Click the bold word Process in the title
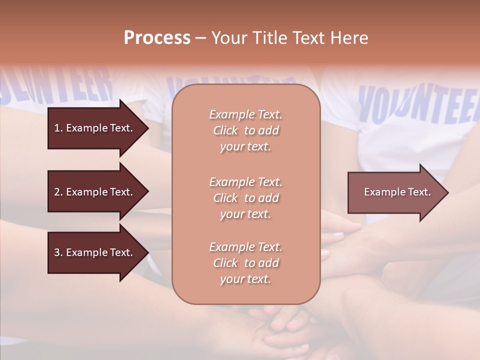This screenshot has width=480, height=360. [157, 38]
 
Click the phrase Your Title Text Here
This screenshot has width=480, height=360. [289, 38]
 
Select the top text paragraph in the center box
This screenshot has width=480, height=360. [245, 130]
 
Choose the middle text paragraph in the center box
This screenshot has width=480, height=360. [245, 198]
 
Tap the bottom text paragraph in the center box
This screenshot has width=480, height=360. [245, 263]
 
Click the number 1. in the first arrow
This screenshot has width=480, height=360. [58, 128]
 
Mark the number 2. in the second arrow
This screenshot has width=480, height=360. [58, 192]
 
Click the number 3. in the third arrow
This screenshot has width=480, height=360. [58, 252]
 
